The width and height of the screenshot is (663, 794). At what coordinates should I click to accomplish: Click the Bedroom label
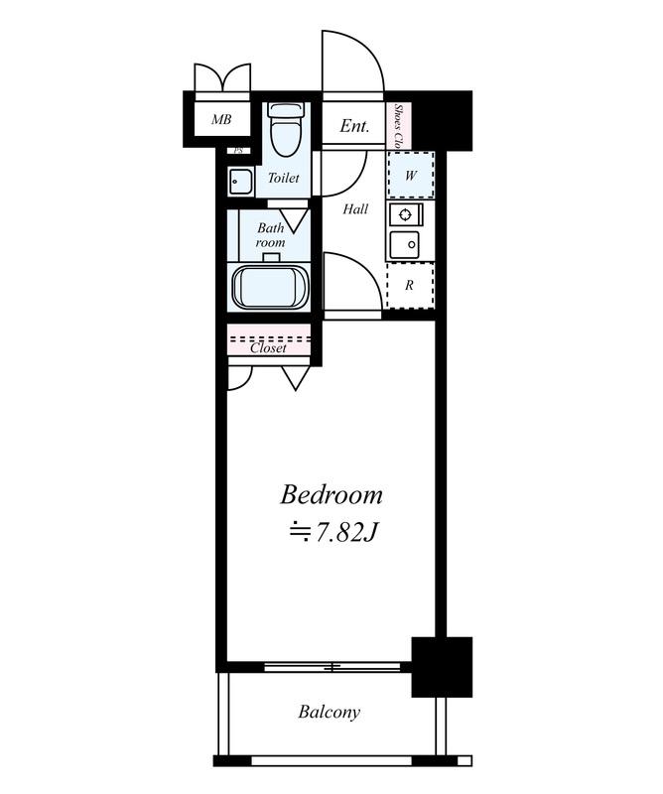pos(331,494)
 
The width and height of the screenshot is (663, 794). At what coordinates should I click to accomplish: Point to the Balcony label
pos(330,712)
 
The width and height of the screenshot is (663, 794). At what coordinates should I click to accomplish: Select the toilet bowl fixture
pos(286,129)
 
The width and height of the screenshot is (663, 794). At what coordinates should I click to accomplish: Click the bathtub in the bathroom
pos(263,287)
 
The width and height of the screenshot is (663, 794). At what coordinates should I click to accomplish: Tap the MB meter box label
pos(221,119)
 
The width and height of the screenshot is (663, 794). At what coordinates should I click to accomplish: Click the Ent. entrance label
pos(354,126)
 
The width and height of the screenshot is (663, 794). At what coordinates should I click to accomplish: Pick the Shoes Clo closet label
pos(399,126)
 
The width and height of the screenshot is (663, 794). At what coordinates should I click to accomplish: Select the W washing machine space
pos(411,175)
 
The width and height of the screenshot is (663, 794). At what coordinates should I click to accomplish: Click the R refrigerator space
pos(409,285)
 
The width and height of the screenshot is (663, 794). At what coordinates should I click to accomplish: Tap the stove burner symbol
pos(405,214)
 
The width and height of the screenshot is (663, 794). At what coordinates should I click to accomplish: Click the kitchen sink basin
pos(404,244)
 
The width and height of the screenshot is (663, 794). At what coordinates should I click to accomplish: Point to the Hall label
pos(355,208)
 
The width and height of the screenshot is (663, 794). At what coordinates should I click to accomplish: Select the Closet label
pos(268,348)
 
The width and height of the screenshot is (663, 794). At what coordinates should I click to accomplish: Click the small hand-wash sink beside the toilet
pos(241,182)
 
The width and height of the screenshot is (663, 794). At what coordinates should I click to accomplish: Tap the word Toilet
pos(283,178)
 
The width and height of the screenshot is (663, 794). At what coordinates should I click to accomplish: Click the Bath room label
pos(270,235)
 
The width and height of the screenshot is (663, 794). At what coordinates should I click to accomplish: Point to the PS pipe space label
pos(238,151)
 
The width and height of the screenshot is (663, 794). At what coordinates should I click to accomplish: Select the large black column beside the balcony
pos(442,667)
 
